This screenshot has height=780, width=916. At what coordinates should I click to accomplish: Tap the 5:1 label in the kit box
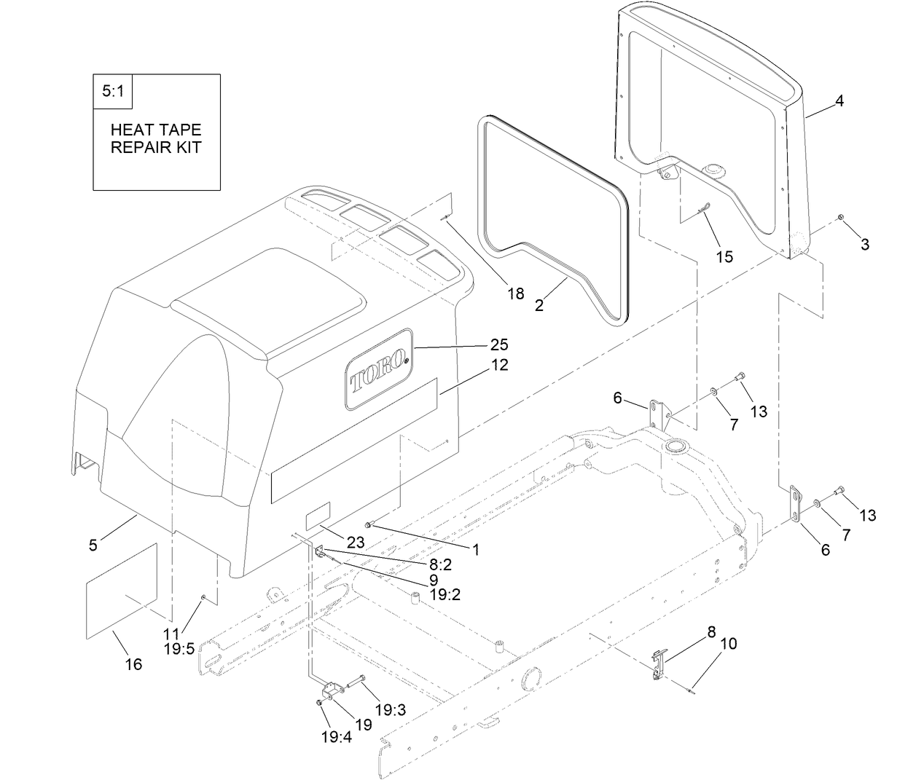coord(113,92)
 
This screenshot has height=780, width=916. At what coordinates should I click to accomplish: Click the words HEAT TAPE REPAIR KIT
coord(155,138)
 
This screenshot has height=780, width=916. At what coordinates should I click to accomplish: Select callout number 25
coord(500,344)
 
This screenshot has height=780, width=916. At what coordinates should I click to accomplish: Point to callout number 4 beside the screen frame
coord(839,101)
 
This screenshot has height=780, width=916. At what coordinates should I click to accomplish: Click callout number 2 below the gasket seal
coord(539,306)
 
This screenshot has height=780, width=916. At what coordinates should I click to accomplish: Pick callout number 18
coord(516,294)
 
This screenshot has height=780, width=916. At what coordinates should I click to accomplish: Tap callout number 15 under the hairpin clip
coord(724,257)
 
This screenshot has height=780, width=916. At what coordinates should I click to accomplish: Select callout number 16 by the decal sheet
coord(133,664)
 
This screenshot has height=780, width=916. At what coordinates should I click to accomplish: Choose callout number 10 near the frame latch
coord(729,644)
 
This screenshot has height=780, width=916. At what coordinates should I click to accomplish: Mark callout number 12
coord(500,365)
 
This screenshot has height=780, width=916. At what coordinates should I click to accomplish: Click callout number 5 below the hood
coord(93,545)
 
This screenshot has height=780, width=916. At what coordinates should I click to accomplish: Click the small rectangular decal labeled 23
coord(318,515)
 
